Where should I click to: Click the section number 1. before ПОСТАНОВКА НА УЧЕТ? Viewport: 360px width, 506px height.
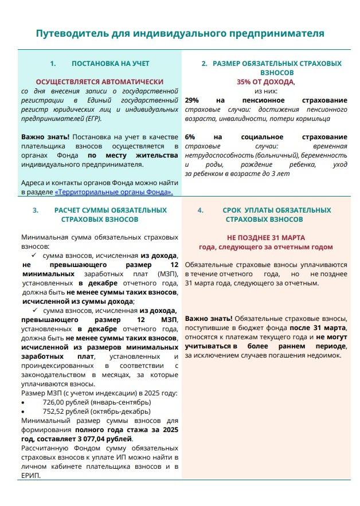click(53, 64)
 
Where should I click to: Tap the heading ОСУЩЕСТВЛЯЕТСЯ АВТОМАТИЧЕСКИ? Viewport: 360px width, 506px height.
click(100, 82)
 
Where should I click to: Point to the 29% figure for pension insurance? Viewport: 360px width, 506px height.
click(192, 100)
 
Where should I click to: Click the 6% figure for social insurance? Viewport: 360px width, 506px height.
click(190, 137)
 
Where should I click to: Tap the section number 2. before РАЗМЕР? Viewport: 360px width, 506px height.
click(204, 64)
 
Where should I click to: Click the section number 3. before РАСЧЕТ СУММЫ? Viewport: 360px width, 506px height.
click(36, 210)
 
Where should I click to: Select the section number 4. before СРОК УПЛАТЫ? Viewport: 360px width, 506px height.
click(200, 210)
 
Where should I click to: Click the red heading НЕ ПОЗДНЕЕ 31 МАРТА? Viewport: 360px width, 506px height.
click(265, 238)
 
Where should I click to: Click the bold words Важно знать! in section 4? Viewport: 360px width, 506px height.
click(208, 318)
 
